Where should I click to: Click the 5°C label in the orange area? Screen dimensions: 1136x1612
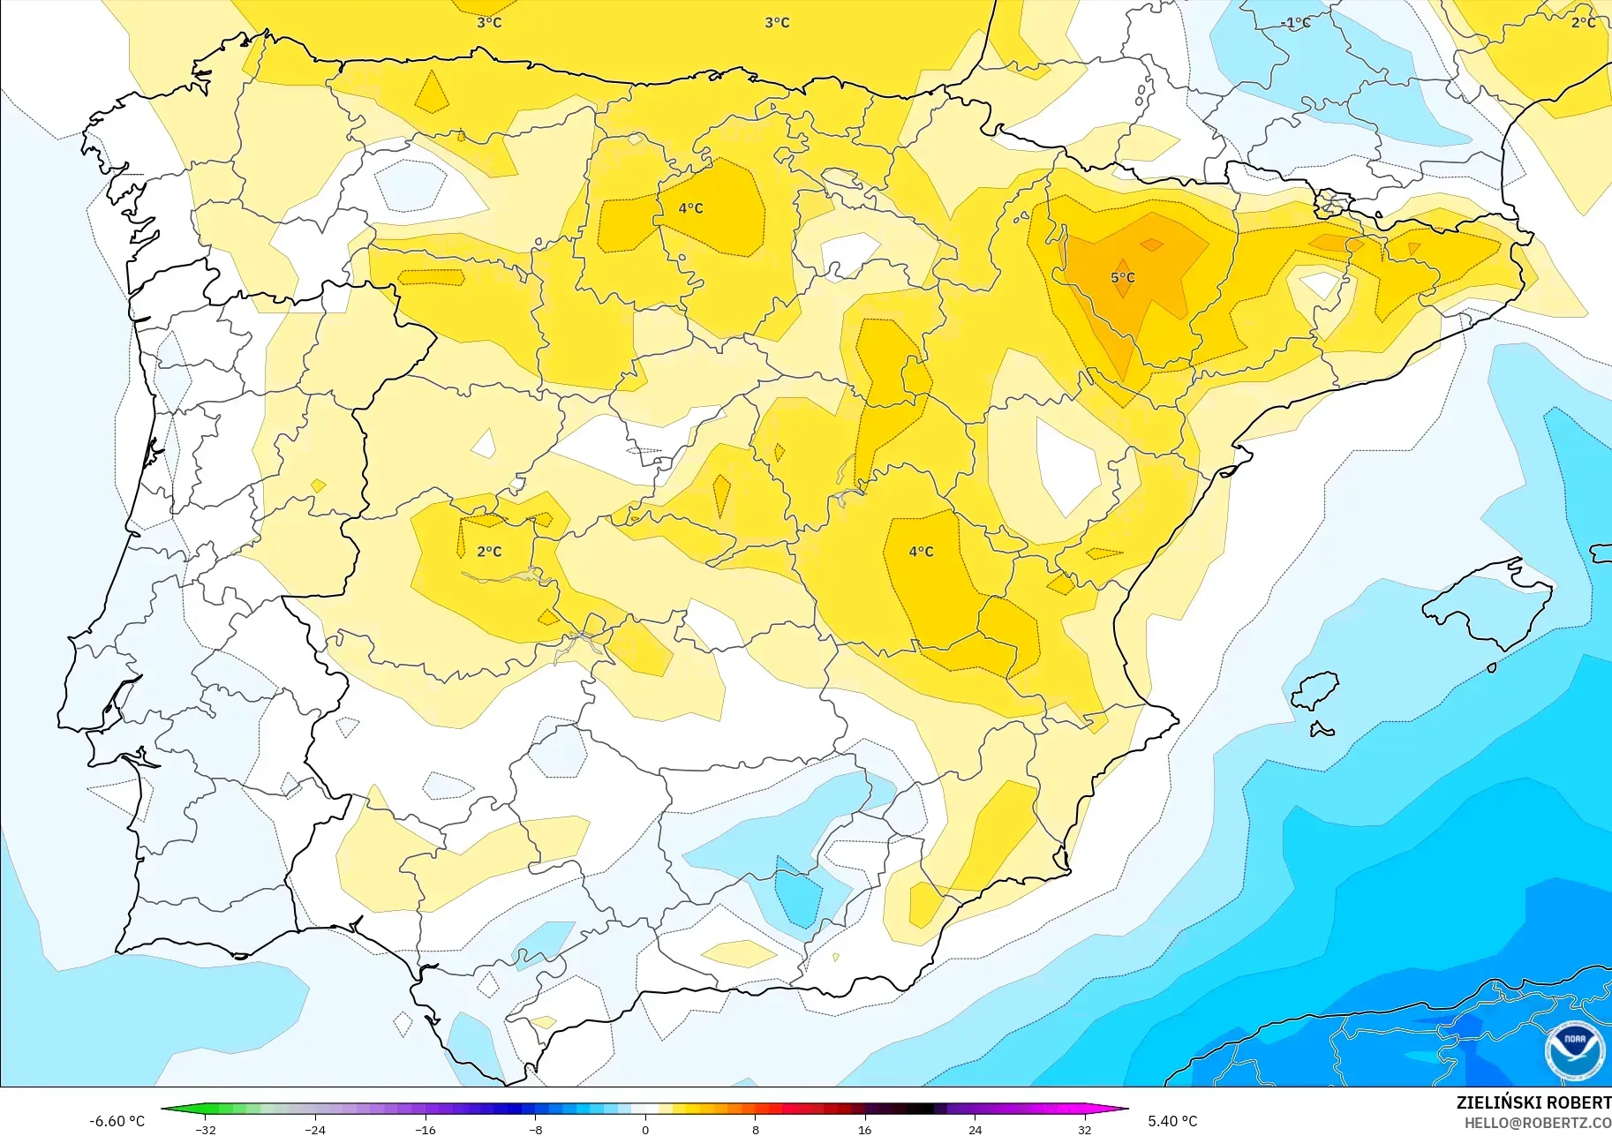1122,278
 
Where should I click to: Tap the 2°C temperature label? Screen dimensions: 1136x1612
489,552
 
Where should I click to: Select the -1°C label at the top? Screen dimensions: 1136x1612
1295,23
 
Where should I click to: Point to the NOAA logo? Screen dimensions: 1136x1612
1574,1050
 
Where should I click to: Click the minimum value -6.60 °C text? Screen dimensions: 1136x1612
117,1121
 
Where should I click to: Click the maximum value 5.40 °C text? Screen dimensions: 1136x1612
1172,1121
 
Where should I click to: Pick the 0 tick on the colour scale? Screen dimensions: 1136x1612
645,1130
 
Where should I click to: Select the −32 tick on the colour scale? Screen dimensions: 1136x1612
206,1130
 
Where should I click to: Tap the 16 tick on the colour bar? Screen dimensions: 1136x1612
864,1130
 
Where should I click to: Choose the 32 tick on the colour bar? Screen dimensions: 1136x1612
1084,1130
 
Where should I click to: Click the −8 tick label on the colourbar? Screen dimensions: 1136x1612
535,1130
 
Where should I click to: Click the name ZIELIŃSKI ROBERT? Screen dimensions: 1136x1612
1533,1102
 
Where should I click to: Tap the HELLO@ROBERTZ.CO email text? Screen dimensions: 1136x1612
1537,1123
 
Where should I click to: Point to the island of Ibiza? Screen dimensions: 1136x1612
1314,692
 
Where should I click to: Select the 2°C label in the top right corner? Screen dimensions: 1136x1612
1583,23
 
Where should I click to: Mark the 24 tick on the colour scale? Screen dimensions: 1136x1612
975,1130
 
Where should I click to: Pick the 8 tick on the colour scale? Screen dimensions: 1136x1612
755,1130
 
